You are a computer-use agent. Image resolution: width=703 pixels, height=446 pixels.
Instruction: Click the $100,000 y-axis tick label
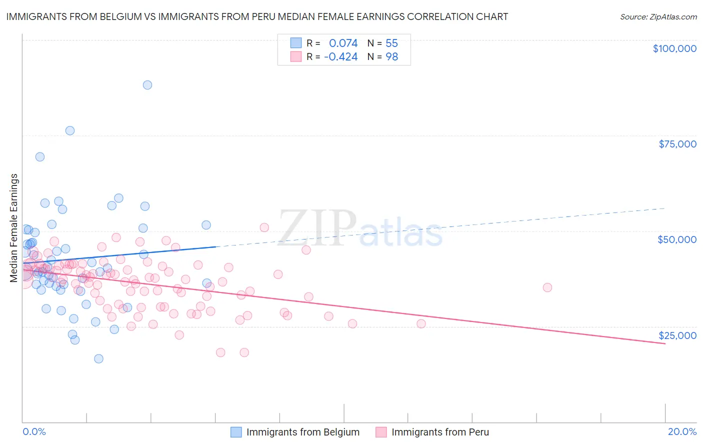pos(674,48)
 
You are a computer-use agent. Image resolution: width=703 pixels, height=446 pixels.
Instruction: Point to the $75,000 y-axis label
pos(677,144)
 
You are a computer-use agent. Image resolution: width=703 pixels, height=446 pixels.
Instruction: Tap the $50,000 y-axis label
pos(676,239)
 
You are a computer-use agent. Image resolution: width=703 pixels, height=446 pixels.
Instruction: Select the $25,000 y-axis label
pos(677,335)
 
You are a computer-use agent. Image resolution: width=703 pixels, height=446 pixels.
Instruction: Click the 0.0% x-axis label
pos(34,431)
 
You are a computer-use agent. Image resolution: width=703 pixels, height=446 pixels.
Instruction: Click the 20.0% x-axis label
pos(682,431)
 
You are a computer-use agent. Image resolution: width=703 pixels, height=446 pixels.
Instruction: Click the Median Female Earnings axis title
pos(14,228)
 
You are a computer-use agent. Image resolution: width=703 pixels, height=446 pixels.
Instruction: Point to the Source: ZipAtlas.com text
pos(658,16)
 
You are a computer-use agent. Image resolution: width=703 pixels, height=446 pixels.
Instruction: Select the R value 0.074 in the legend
pos(343,43)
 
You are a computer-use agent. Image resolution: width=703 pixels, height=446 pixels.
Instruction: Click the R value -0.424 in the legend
pos(340,57)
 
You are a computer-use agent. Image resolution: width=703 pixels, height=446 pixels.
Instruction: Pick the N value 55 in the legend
pos(391,43)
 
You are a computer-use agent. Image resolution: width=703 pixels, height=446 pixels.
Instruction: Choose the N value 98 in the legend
pos(391,57)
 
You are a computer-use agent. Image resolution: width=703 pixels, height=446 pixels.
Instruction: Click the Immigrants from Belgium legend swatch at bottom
pos(236,432)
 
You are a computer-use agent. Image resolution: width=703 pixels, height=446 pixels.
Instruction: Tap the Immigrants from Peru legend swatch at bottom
pos(381,432)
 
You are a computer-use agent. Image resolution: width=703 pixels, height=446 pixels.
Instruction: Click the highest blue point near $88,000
pos(147,85)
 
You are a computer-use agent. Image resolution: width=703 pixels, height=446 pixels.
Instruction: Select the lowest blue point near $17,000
pos(98,359)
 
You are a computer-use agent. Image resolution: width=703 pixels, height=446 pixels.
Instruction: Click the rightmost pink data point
pos(547,287)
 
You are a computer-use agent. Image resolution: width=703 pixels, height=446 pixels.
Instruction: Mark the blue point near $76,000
pos(70,130)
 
